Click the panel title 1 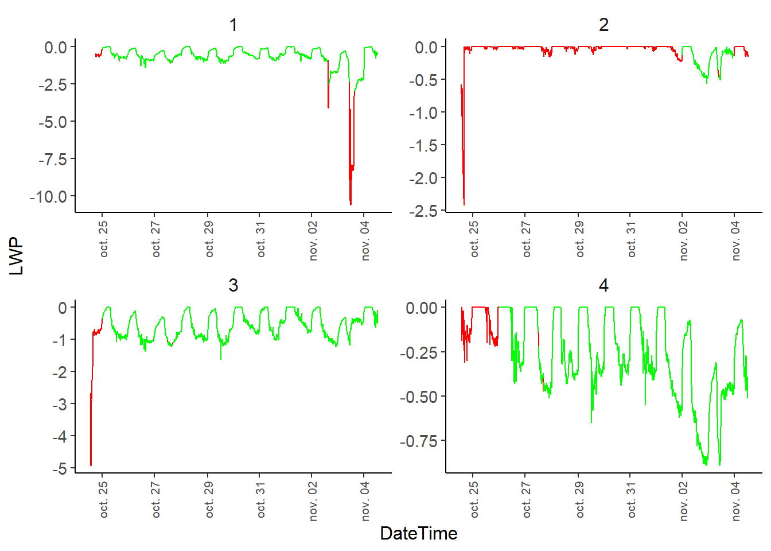233,25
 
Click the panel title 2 603,25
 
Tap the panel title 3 233,285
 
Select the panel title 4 603,285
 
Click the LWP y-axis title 17,257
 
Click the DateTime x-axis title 418,533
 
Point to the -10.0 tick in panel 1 48,196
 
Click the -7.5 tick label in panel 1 53,159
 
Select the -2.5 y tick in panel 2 423,211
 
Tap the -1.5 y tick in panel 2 423,146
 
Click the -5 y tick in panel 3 59,468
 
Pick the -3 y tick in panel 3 59,404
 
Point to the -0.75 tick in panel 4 418,441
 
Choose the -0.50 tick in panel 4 418,397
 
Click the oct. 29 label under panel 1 209,239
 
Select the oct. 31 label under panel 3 262,500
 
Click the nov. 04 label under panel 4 736,502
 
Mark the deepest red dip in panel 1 351,204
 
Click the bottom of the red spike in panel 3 91,465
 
